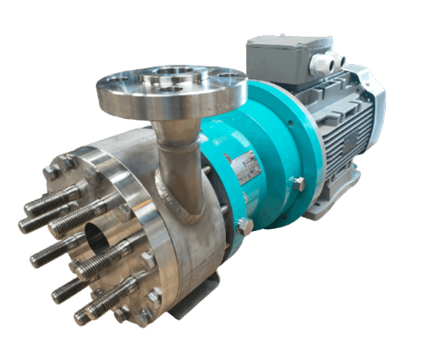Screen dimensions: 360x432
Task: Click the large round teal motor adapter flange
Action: pyautogui.click(x=277, y=144)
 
